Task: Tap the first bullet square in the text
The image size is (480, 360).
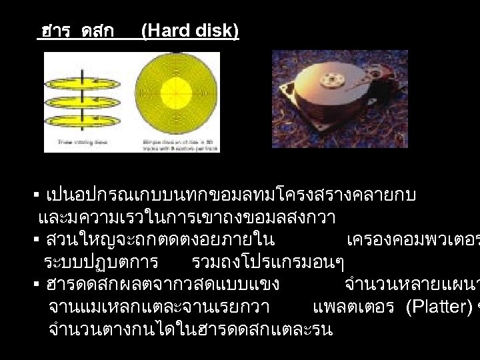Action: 37,196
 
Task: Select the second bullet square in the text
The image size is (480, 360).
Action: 37,239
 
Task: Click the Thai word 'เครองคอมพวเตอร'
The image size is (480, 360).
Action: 413,240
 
